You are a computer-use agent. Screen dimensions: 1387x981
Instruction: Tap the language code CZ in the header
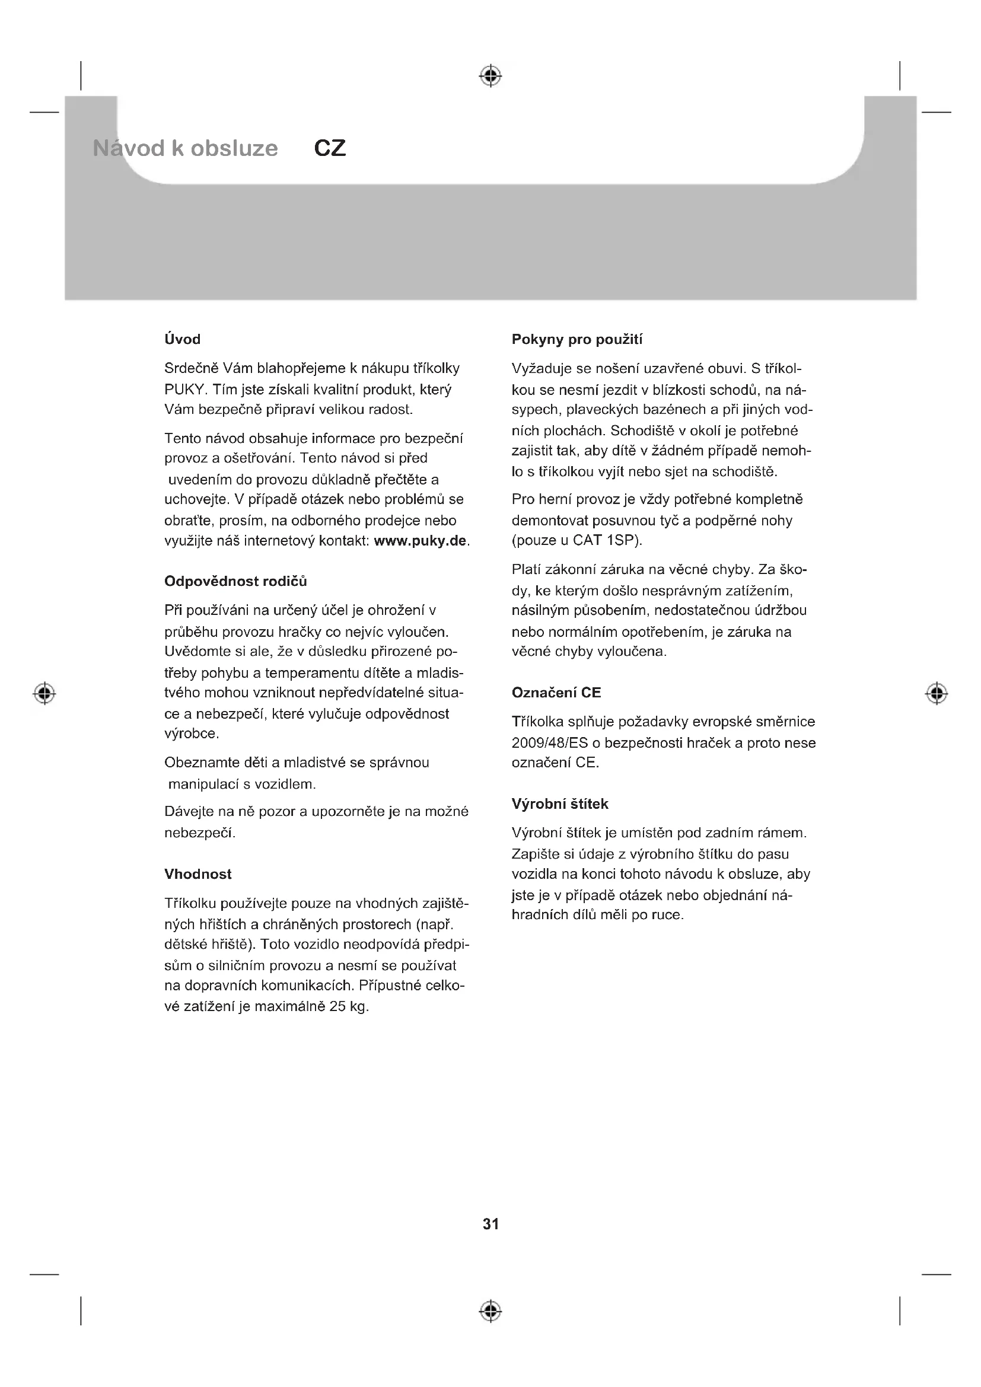330,149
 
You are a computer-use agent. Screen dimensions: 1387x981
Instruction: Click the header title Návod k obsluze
186,149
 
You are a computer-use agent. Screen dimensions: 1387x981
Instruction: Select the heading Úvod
183,340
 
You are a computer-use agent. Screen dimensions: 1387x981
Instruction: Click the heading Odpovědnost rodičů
235,581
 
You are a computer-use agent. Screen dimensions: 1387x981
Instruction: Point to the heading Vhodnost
198,874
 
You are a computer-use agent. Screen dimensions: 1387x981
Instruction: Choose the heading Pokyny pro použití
577,340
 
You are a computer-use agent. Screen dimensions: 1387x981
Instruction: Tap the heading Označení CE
556,693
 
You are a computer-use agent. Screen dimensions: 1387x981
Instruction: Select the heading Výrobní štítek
560,804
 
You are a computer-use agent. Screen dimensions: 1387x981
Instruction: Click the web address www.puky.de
421,541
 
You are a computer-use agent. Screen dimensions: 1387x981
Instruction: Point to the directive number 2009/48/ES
549,743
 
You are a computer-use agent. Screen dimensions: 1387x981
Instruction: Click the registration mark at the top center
490,75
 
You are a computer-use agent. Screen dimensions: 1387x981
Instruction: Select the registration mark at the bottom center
490,1311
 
